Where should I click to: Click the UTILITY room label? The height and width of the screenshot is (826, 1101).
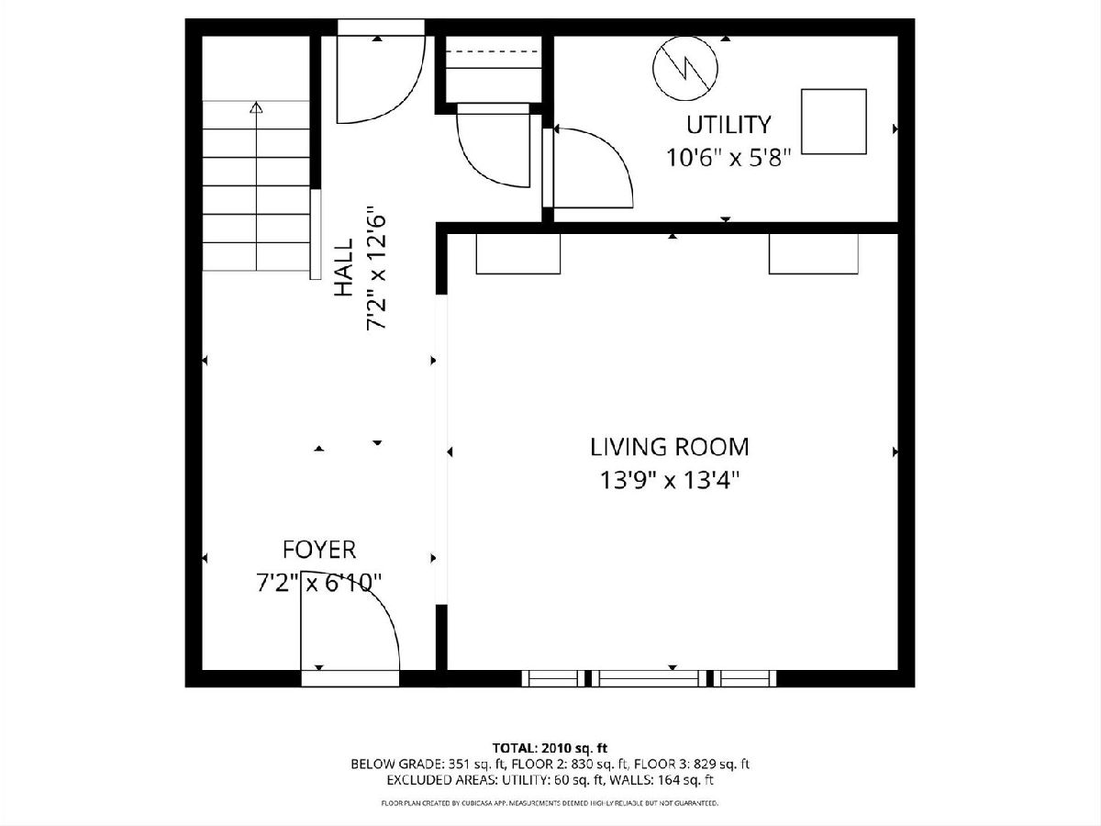click(728, 125)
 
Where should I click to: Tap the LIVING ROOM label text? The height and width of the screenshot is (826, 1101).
click(670, 447)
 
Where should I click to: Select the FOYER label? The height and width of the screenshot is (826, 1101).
click(319, 550)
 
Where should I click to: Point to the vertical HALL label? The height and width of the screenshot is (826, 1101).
click(344, 267)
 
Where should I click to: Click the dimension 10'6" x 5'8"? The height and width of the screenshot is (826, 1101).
click(728, 158)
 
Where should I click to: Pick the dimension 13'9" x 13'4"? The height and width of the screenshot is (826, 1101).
click(670, 480)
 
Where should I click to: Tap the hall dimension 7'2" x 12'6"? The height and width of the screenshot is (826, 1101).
click(377, 267)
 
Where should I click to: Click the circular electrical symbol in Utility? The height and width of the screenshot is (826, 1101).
click(685, 68)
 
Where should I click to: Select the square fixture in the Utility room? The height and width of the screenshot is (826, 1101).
click(834, 121)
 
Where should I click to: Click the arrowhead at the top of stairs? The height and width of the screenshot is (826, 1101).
click(256, 106)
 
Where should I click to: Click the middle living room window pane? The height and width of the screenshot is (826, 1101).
click(649, 678)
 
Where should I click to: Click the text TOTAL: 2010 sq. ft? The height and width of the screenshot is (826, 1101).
click(550, 748)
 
